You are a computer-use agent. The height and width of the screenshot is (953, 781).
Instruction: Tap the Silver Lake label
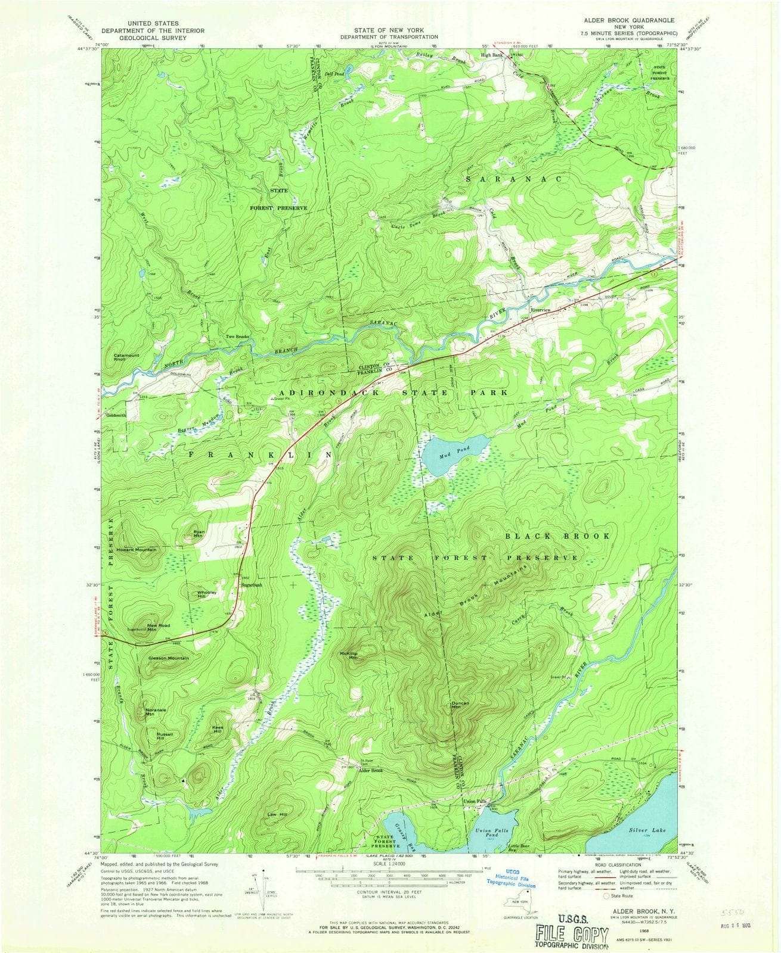647,830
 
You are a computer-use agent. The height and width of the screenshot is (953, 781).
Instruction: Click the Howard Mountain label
137,549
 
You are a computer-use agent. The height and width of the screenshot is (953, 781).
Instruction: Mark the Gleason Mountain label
169,658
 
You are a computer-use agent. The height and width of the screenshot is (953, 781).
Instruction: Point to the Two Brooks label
237,337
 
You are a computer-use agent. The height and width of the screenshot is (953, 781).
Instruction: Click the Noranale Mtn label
154,711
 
